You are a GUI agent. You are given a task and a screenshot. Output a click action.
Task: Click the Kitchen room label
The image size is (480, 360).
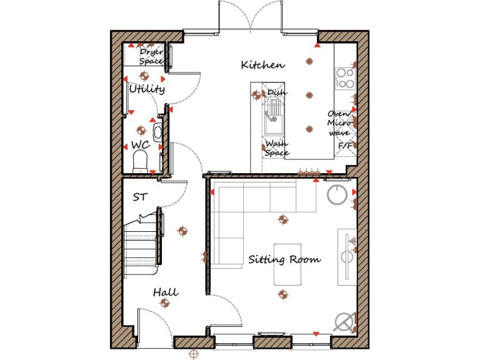(262, 65)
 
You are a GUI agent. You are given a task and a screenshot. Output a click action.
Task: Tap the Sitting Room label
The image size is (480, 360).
(284, 259)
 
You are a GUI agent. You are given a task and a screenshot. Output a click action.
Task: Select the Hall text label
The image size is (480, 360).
(166, 292)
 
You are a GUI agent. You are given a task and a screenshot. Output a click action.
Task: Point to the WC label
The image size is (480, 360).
(140, 145)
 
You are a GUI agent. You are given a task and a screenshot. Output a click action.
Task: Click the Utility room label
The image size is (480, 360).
(147, 89)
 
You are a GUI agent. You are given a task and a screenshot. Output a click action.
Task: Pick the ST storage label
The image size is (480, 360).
(140, 197)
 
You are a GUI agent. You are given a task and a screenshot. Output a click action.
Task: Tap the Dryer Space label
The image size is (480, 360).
(151, 57)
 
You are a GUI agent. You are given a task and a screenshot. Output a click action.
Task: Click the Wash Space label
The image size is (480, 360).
(277, 148)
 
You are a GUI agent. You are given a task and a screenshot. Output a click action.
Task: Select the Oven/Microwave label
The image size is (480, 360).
(339, 123)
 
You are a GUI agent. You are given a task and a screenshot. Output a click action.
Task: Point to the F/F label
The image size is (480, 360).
(344, 145)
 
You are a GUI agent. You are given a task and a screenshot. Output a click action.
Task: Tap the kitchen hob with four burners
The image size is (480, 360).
(344, 78)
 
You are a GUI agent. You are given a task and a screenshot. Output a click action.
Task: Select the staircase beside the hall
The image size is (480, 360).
(140, 244)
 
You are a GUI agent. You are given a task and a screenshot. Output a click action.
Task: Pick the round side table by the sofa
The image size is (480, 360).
(337, 194)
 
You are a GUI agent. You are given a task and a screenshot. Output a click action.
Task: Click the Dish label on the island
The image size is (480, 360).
(277, 92)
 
